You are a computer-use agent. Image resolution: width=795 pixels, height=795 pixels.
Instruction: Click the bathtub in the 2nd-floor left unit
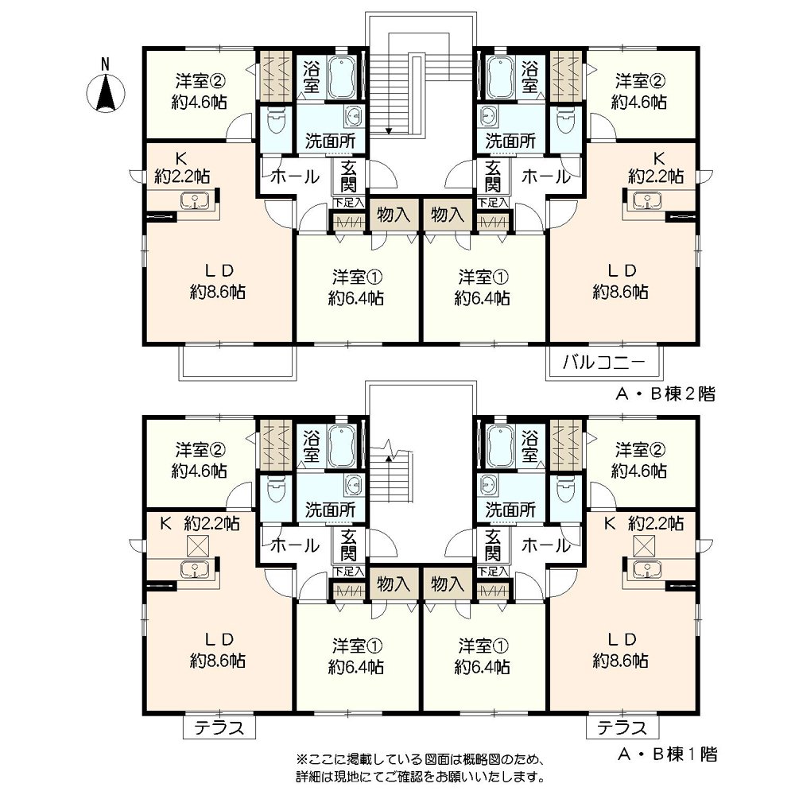point(343,77)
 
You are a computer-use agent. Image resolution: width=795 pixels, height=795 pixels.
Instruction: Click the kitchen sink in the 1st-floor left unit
point(192,568)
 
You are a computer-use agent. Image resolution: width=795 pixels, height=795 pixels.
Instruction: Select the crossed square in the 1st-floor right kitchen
point(646,545)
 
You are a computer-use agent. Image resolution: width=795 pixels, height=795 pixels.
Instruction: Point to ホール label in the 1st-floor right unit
point(545,545)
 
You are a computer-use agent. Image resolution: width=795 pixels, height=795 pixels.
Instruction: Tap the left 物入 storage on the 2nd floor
point(393,214)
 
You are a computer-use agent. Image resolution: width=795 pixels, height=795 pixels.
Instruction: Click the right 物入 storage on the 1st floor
point(446,584)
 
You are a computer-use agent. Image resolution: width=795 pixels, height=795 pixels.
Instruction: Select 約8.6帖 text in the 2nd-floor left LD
point(217,291)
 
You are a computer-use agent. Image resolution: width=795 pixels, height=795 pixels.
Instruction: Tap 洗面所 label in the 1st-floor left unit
point(330,509)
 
